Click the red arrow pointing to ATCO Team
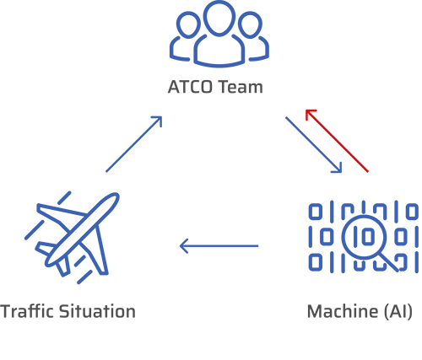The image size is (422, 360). (337, 141)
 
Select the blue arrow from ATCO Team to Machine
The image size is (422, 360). (314, 145)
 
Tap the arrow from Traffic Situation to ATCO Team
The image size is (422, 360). (134, 144)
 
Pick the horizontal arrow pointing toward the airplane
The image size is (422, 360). (219, 246)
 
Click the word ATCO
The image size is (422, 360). (190, 87)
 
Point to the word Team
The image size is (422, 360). (241, 87)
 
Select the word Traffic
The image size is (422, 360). (27, 311)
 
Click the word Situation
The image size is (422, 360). (98, 311)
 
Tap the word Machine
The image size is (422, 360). (342, 311)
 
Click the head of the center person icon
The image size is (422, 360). (219, 17)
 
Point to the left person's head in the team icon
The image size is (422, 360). (188, 25)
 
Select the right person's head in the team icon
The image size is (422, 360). (250, 25)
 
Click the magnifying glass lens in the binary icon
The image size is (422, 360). (364, 237)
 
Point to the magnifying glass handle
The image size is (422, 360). (389, 262)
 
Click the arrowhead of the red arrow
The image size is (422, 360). (310, 113)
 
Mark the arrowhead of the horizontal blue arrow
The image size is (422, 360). (183, 246)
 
